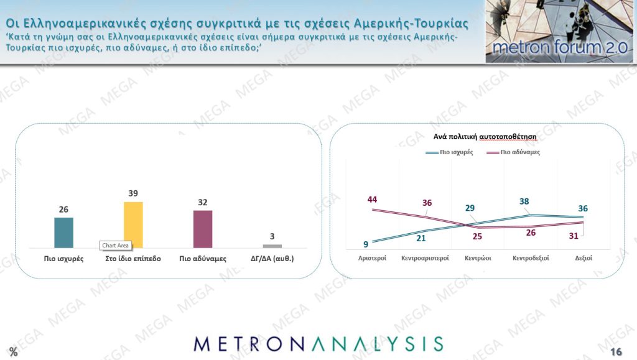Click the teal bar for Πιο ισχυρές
[x=63, y=233]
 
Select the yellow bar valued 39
[x=133, y=225]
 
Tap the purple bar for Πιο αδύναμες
[x=203, y=229]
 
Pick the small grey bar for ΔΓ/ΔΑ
[x=272, y=246]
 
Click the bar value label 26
[x=63, y=210]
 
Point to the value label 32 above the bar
[x=202, y=202]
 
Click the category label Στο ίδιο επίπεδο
[x=133, y=258]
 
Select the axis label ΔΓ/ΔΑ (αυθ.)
[x=272, y=258]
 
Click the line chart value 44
[x=373, y=200]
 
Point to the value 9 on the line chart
[x=366, y=244]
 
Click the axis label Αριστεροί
[x=373, y=257]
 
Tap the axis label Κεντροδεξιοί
[x=531, y=257]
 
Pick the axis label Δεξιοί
[x=583, y=257]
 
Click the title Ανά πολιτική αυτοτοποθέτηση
[x=477, y=135]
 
